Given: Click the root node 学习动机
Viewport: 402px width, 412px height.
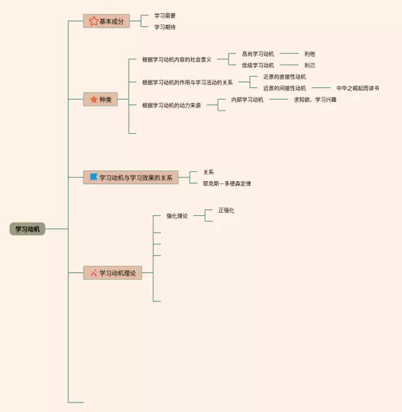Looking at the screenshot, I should click(x=27, y=230).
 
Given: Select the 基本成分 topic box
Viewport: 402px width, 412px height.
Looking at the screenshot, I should click(x=106, y=21).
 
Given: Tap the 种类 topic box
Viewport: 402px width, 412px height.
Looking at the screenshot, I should click(x=100, y=99).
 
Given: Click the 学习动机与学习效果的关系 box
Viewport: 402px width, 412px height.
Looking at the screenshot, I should click(x=131, y=178).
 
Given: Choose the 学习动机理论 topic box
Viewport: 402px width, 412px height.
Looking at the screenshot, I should click(x=112, y=273).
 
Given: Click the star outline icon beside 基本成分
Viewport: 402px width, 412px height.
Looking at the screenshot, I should click(x=94, y=21).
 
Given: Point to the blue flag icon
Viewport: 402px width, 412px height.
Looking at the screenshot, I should click(x=94, y=177).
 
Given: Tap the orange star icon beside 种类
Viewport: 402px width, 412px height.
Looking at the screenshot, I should click(x=94, y=99).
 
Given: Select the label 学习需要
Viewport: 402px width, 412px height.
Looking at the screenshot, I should click(x=165, y=15).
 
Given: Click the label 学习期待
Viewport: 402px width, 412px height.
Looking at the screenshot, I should click(x=165, y=27).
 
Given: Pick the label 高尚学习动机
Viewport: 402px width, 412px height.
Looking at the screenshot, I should click(x=258, y=54).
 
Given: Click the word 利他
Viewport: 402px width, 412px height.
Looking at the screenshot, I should click(x=310, y=54).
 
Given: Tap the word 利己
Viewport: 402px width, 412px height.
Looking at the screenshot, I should click(x=310, y=65).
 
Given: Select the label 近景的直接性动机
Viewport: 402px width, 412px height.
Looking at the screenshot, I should click(x=285, y=77).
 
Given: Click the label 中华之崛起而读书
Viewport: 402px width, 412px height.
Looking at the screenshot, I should click(x=357, y=89).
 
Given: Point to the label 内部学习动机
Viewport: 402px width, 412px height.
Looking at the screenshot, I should click(x=247, y=99).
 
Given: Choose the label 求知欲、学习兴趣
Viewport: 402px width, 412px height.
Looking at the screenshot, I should click(x=315, y=99).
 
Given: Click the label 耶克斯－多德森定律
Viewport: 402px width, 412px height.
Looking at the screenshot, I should click(x=227, y=184).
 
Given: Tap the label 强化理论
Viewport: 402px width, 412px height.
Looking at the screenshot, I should click(x=177, y=216).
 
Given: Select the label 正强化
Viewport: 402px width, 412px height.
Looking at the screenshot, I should click(x=226, y=210).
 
